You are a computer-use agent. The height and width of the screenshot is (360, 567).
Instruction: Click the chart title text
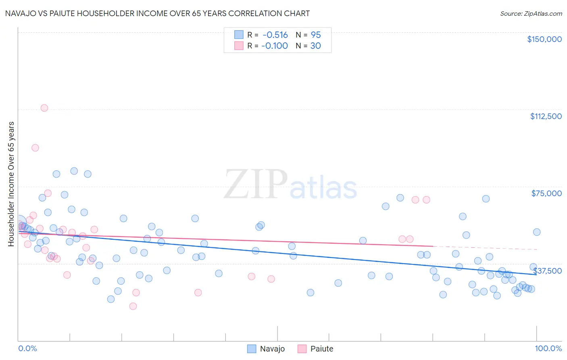157,13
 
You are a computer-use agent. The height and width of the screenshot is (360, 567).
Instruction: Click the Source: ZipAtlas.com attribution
531,13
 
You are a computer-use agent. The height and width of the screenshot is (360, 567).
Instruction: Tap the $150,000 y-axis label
544,39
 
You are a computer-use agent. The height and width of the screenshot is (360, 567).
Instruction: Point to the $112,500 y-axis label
546,116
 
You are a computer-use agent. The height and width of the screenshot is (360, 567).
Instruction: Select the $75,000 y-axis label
546,193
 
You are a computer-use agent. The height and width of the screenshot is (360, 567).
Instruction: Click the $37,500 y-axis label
547,271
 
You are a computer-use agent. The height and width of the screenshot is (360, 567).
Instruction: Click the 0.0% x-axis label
27,348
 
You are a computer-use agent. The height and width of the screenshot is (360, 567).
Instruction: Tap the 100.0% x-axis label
548,348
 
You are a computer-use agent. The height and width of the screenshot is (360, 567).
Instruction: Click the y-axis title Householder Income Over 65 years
11,184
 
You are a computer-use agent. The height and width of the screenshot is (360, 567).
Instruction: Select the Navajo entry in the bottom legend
272,349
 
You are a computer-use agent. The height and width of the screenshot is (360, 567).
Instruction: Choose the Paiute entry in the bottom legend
321,349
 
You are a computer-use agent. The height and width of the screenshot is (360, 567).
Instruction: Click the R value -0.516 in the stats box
275,35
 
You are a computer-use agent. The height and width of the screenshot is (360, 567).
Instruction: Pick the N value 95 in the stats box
316,35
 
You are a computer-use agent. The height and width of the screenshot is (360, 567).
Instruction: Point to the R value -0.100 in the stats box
275,46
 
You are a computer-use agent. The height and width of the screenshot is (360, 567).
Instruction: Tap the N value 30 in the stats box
315,46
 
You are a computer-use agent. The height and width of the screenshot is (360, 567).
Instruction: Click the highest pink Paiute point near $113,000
44,108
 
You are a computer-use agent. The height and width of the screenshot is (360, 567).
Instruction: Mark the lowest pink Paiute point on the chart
133,306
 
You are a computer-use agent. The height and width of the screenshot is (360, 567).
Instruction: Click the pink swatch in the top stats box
239,46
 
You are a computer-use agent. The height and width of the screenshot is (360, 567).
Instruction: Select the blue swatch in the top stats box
239,35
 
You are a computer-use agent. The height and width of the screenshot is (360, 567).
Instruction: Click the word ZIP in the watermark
256,185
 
